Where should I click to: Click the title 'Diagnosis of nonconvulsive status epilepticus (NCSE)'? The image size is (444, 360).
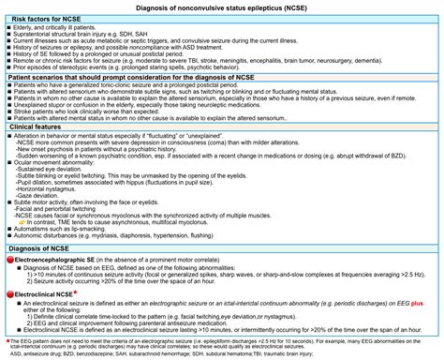(x=222, y=7)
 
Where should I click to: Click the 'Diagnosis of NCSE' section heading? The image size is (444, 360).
(x=43, y=247)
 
